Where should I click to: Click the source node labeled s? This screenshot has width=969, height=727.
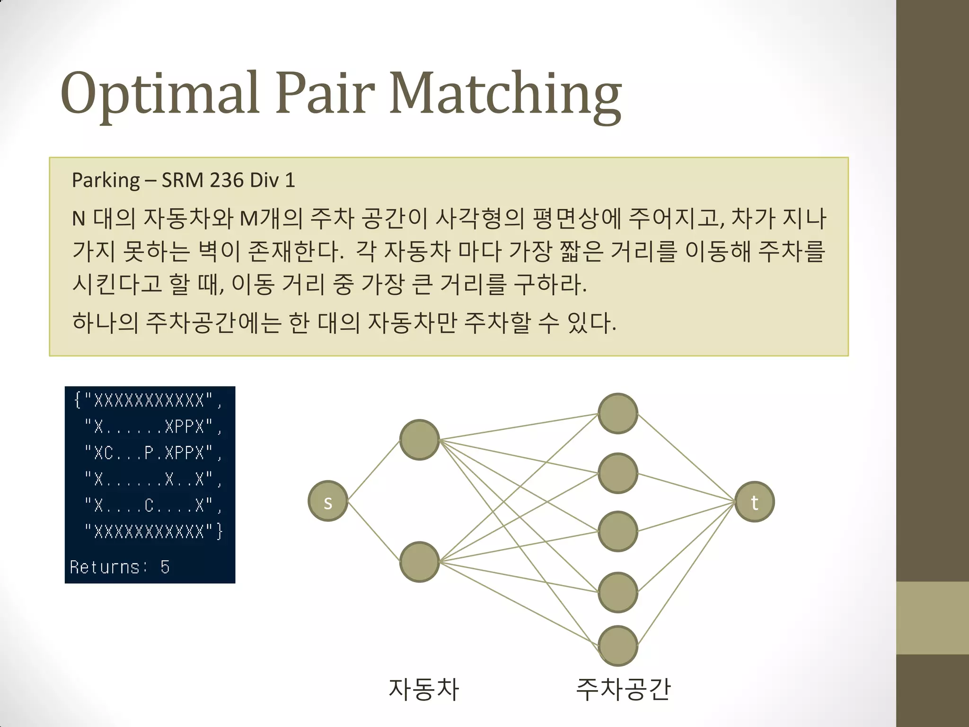click(328, 501)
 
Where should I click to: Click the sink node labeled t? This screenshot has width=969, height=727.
click(755, 502)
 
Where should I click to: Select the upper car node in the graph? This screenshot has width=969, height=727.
click(420, 440)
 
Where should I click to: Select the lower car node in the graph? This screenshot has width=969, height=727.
click(420, 562)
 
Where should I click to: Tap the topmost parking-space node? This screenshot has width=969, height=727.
click(618, 413)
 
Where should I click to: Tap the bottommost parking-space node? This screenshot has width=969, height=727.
click(618, 646)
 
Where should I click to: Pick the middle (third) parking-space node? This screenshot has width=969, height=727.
click(618, 531)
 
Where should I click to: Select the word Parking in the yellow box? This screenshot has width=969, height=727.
click(106, 180)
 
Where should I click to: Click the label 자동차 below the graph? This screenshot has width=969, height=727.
click(423, 689)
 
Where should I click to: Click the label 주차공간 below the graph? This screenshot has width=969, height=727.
click(623, 689)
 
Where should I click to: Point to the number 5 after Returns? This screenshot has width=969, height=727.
click(165, 567)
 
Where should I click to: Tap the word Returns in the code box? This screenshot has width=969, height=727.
click(105, 567)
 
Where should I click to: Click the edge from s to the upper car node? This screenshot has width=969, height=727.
click(374, 470)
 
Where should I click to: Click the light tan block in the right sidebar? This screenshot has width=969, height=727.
click(932, 618)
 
